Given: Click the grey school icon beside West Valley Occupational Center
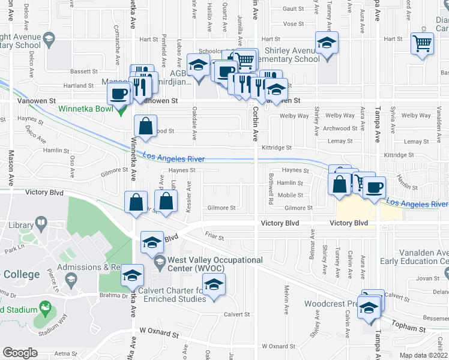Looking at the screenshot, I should [x=160, y=262].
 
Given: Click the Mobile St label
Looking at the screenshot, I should [x=290, y=195].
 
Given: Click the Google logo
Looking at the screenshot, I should [x=20, y=353].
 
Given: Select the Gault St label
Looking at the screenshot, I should [x=294, y=8].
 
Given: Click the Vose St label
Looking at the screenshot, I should [x=294, y=24].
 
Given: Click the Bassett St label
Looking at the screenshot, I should [x=83, y=71].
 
